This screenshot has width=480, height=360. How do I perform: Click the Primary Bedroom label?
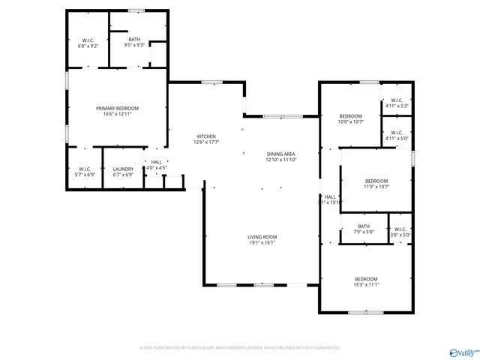pos(117,109)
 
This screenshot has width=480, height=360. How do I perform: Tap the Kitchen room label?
pos(206,136)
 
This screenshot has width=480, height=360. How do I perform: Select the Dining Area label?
pos(280,154)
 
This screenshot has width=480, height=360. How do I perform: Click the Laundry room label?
pos(123,169)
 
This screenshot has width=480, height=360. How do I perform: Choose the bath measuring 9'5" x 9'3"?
pos(134,39)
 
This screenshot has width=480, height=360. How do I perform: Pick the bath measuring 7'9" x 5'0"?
pos(364,226)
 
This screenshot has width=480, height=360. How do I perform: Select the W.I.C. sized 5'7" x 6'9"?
pos(84,169)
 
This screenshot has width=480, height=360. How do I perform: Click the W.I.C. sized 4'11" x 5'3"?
pos(396,100)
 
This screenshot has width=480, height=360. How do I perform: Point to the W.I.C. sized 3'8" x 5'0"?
pos(400,229)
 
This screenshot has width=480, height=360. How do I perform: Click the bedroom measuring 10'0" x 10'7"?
pos(350,116)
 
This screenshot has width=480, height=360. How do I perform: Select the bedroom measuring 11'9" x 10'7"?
pos(376,181)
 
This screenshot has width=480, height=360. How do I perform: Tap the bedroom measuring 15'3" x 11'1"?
pos(366,279)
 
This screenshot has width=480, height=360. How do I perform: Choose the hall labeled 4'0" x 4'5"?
pos(157,162)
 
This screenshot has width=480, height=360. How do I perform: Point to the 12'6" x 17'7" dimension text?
pos(206,141)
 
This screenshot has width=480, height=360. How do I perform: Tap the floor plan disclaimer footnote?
pos(240,348)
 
